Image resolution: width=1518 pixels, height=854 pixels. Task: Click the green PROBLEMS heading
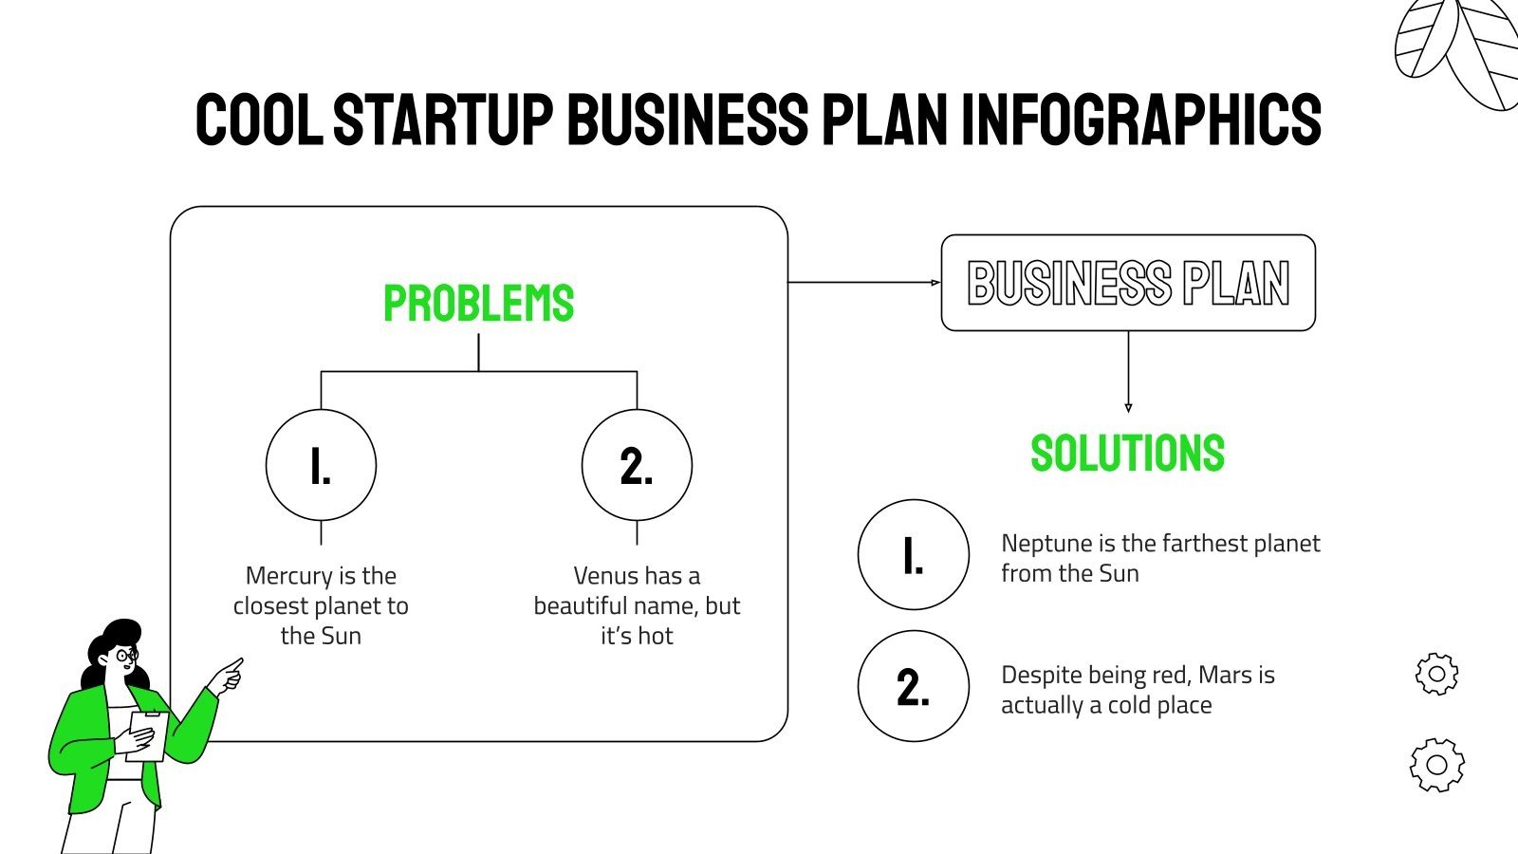pyautogui.click(x=478, y=304)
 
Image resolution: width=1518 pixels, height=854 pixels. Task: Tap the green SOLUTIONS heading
pyautogui.click(x=1127, y=454)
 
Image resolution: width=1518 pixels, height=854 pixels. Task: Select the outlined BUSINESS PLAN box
pyautogui.click(x=1127, y=283)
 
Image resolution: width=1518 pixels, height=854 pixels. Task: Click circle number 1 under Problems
pyautogui.click(x=321, y=465)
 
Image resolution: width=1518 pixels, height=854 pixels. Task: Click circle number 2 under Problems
pyautogui.click(x=637, y=465)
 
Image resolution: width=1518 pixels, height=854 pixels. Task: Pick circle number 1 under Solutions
pyautogui.click(x=913, y=555)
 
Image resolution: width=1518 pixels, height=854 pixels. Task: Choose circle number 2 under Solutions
pyautogui.click(x=913, y=686)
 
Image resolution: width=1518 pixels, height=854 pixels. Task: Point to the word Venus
pyautogui.click(x=602, y=576)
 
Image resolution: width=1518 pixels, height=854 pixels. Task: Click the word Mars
pyautogui.click(x=1225, y=675)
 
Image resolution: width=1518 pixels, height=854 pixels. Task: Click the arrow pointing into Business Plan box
pyautogui.click(x=934, y=283)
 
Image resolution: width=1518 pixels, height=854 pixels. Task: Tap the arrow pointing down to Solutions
pyautogui.click(x=1127, y=405)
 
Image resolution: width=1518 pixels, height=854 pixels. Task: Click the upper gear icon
pyautogui.click(x=1436, y=674)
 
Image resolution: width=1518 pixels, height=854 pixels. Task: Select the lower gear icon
pyautogui.click(x=1436, y=765)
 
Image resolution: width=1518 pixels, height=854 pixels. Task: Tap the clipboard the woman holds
pyautogui.click(x=147, y=735)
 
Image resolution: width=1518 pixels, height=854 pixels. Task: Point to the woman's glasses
pyautogui.click(x=127, y=655)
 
